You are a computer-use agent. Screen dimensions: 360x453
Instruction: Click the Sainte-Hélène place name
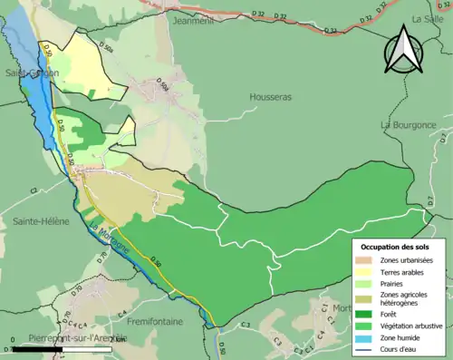(41, 221)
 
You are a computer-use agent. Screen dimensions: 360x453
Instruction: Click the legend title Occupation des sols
(398, 247)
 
